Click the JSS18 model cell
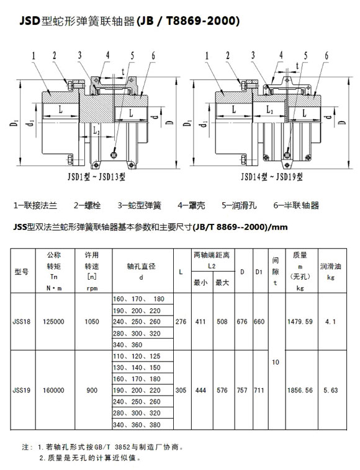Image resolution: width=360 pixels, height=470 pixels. (x=21, y=322)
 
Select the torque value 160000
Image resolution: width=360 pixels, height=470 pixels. (x=53, y=390)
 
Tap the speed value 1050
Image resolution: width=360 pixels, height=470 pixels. (x=92, y=322)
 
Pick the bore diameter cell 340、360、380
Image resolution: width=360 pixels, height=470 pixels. (x=137, y=425)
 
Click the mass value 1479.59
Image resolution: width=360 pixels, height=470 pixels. (x=300, y=322)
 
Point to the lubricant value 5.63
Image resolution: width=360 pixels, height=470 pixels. (x=331, y=390)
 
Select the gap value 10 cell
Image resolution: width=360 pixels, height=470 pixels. (x=276, y=362)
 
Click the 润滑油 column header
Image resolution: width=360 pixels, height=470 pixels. (x=331, y=266)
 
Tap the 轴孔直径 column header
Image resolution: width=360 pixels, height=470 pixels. (x=141, y=266)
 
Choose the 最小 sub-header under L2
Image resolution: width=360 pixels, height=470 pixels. (x=200, y=282)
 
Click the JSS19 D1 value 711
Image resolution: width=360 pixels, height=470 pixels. (x=259, y=390)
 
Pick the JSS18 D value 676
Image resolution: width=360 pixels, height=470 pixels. (x=242, y=322)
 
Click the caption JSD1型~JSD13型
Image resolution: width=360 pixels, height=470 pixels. (x=96, y=177)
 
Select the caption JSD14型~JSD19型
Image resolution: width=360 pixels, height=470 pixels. (x=272, y=177)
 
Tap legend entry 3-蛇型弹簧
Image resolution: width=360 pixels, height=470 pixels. (x=140, y=205)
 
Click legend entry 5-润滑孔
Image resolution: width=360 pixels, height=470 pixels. (x=239, y=205)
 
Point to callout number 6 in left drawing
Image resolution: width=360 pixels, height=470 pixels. (x=153, y=55)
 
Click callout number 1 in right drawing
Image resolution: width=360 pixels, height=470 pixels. (x=207, y=56)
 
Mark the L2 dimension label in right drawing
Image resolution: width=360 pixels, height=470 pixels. (x=270, y=110)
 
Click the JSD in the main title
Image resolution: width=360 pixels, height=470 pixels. (x=30, y=20)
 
